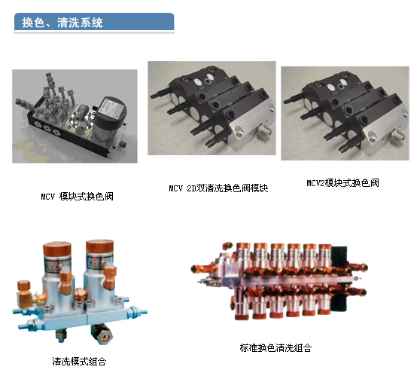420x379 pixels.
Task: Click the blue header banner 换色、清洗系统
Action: tap(94, 22)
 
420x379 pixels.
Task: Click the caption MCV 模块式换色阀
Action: tap(77, 197)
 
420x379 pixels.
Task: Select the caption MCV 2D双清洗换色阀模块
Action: tap(218, 188)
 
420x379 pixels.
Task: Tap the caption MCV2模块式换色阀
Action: tap(342, 183)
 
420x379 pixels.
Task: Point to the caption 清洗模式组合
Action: tap(79, 362)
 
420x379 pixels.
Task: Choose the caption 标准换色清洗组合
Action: tap(275, 348)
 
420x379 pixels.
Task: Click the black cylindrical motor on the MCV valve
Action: tap(111, 118)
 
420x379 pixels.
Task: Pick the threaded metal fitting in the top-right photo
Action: tap(397, 136)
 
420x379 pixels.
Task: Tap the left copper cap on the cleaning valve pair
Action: tap(56, 249)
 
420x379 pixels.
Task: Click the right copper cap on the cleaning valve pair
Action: tap(99, 247)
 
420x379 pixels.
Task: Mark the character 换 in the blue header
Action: tap(28, 23)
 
